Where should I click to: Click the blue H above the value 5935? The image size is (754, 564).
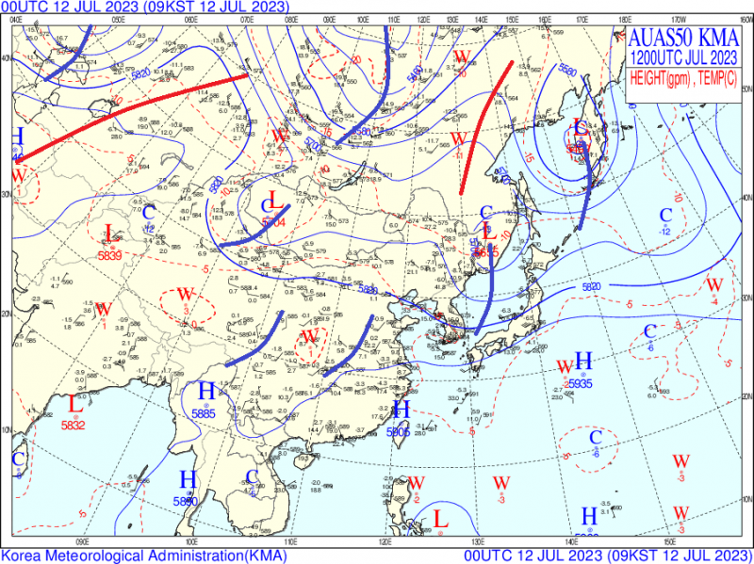[x=583, y=360]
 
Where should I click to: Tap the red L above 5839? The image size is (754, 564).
[x=109, y=233]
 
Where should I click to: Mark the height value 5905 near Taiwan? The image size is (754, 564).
[x=399, y=431]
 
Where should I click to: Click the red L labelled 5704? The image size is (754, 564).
[x=273, y=200]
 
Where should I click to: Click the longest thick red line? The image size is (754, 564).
[x=132, y=118]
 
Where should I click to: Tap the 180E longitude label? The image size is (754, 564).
[x=625, y=17]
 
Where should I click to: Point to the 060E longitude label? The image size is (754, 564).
[x=190, y=17]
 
